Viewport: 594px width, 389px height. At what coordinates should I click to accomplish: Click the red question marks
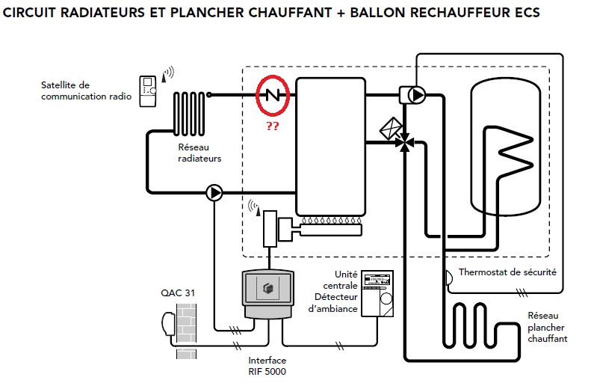(x=273, y=127)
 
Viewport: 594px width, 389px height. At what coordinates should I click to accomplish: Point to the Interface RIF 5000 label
(x=267, y=366)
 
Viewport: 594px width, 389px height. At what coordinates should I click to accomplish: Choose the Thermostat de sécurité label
(x=507, y=273)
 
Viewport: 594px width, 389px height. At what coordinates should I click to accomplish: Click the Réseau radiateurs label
(x=199, y=153)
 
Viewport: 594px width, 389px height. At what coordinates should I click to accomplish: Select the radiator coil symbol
(x=191, y=111)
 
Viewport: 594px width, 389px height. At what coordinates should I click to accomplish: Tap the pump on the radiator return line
(x=215, y=194)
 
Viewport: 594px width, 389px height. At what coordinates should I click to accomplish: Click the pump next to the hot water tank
(x=416, y=95)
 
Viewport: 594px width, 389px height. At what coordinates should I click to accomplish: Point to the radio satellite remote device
(x=149, y=91)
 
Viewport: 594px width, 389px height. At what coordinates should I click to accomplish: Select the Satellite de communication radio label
(x=86, y=91)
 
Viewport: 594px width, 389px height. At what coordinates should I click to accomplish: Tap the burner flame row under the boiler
(x=329, y=222)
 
